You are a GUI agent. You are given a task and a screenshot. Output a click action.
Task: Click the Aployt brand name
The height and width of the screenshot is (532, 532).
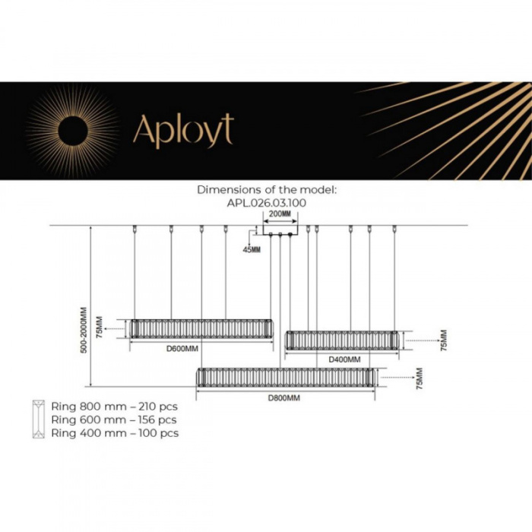[183, 130]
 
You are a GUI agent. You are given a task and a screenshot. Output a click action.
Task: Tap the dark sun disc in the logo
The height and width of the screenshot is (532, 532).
[74, 130]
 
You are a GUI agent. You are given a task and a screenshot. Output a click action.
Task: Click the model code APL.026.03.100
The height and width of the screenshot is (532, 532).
[266, 203]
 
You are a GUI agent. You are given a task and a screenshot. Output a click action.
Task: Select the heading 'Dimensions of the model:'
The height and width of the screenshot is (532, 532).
[266, 189]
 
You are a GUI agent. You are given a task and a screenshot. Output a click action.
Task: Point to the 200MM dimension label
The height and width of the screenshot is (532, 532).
[280, 215]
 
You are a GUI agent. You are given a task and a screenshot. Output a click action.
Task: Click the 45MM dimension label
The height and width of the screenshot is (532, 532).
[252, 249]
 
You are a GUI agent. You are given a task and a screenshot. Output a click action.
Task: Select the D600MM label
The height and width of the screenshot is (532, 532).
[182, 349]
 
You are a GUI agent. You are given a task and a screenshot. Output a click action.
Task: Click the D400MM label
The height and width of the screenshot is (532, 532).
[345, 358]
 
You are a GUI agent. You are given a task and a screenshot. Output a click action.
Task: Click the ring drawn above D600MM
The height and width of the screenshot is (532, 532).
[201, 329]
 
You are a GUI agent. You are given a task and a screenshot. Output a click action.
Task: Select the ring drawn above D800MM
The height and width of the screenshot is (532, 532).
[285, 378]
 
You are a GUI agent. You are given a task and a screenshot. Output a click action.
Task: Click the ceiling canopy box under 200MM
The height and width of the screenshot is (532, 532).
[280, 231]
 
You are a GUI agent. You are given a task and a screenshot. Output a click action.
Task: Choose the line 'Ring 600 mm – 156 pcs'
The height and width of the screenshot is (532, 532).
[114, 419]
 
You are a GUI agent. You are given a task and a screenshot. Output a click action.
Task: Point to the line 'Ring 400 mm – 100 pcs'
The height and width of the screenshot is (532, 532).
[115, 433]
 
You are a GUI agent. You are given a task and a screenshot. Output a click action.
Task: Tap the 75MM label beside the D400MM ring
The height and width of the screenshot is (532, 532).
[444, 340]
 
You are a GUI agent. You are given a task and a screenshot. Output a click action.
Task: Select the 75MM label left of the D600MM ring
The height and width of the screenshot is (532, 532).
[100, 328]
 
